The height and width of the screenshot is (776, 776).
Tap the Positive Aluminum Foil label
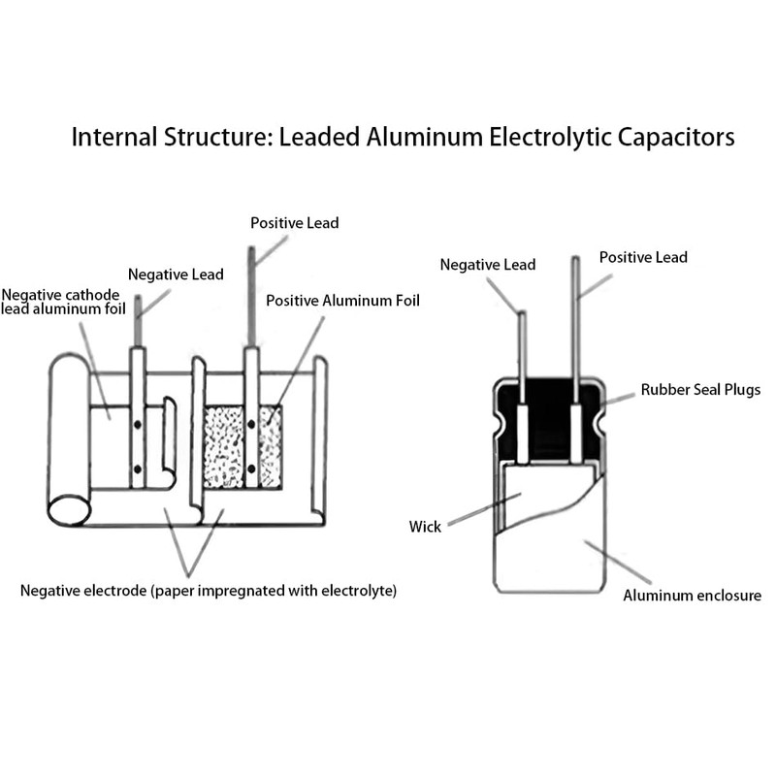coord(342,301)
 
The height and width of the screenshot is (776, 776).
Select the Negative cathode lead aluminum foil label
coord(60,302)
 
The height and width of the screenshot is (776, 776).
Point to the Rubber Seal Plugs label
coord(700,390)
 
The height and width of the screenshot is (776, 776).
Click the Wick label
coord(425,527)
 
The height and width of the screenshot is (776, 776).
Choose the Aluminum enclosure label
coord(692,595)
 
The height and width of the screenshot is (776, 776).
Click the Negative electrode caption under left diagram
coord(209,590)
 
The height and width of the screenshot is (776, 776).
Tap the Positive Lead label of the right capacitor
coord(643,257)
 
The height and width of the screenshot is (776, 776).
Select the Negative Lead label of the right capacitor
coord(487,264)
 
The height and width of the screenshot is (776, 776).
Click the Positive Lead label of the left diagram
coord(295,223)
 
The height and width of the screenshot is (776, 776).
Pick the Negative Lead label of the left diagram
coord(176,275)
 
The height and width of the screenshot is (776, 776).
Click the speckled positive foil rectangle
coord(242,447)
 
